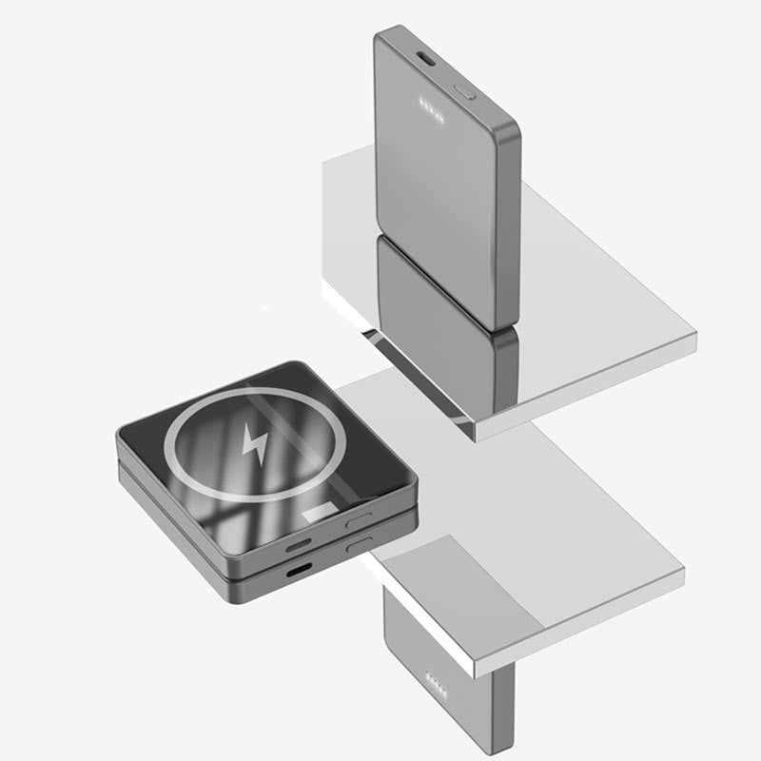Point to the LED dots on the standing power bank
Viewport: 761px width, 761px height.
428,107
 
